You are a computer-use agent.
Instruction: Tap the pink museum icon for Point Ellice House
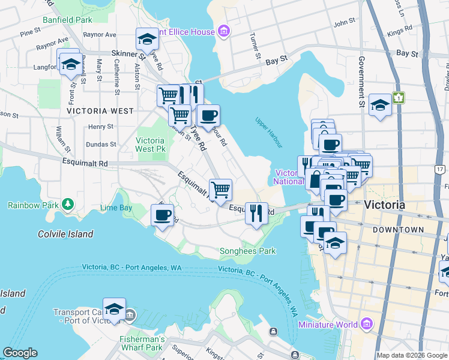[x=223, y=31]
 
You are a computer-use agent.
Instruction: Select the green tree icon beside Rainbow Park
[x=68, y=205]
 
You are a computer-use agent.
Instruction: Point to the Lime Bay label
[x=116, y=208]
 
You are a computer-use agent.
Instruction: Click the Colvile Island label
[x=65, y=234]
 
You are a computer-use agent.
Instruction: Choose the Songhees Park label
[x=247, y=251]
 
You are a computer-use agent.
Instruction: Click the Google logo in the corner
[x=20, y=353]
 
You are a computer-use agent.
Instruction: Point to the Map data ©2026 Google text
[x=411, y=355]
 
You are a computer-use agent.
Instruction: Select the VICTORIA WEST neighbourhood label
[x=100, y=111]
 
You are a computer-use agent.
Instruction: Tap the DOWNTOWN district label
[x=397, y=230]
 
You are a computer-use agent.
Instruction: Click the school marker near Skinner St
[x=146, y=40]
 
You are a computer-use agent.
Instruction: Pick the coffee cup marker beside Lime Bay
[x=161, y=215]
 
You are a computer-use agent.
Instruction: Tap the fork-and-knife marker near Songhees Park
[x=257, y=213]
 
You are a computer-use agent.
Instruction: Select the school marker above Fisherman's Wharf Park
[x=113, y=309]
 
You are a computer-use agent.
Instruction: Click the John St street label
[x=345, y=23]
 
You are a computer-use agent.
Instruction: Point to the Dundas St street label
[x=100, y=145]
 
